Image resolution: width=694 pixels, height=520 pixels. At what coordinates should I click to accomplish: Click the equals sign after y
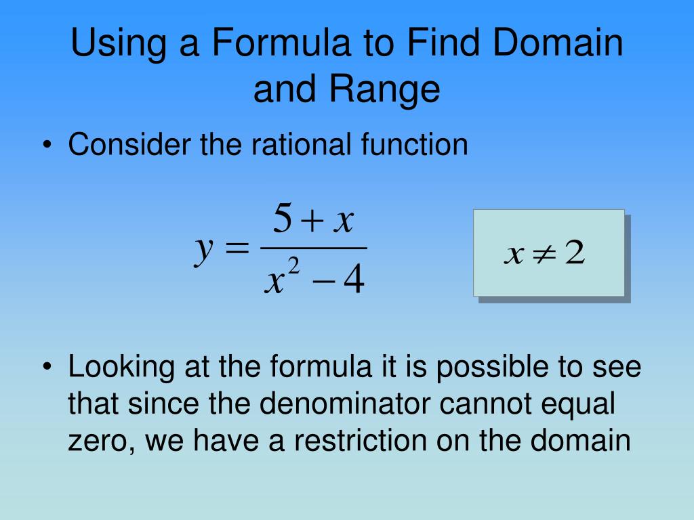coord(237,250)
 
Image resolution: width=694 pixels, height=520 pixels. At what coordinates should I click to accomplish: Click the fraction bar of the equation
coord(312,248)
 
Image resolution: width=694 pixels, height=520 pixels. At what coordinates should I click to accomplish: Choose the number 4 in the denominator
coord(353,282)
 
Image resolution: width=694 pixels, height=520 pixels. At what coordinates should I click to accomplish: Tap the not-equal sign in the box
coord(544,255)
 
